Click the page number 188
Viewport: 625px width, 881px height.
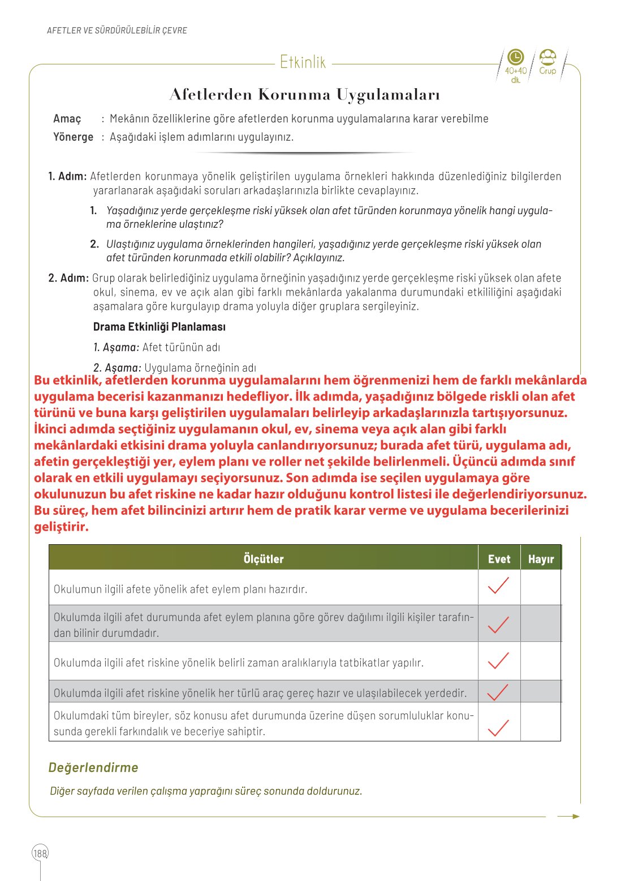click(40, 853)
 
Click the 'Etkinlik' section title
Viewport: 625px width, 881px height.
click(303, 62)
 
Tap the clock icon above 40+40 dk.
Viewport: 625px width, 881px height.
click(515, 57)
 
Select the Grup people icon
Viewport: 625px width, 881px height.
click(548, 57)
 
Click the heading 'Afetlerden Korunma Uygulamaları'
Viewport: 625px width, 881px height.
click(304, 94)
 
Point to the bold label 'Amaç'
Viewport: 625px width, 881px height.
click(67, 119)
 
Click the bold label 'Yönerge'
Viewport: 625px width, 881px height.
click(73, 137)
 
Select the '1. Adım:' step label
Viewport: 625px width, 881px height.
click(67, 176)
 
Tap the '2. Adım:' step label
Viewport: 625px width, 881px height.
click(68, 278)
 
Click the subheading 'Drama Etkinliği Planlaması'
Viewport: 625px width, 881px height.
click(159, 327)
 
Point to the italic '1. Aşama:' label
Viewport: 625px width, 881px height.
click(116, 347)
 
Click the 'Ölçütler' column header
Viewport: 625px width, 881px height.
click(264, 559)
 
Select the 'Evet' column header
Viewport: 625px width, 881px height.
click(499, 559)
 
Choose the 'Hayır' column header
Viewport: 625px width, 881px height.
click(541, 559)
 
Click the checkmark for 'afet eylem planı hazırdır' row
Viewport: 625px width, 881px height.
click(498, 586)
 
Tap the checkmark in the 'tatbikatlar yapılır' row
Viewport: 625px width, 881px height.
click(498, 660)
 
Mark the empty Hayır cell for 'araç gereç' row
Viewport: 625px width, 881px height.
click(541, 692)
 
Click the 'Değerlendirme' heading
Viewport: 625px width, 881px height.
click(93, 767)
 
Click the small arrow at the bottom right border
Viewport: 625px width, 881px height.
click(568, 816)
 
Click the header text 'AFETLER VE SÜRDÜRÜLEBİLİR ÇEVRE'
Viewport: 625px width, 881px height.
click(117, 31)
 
